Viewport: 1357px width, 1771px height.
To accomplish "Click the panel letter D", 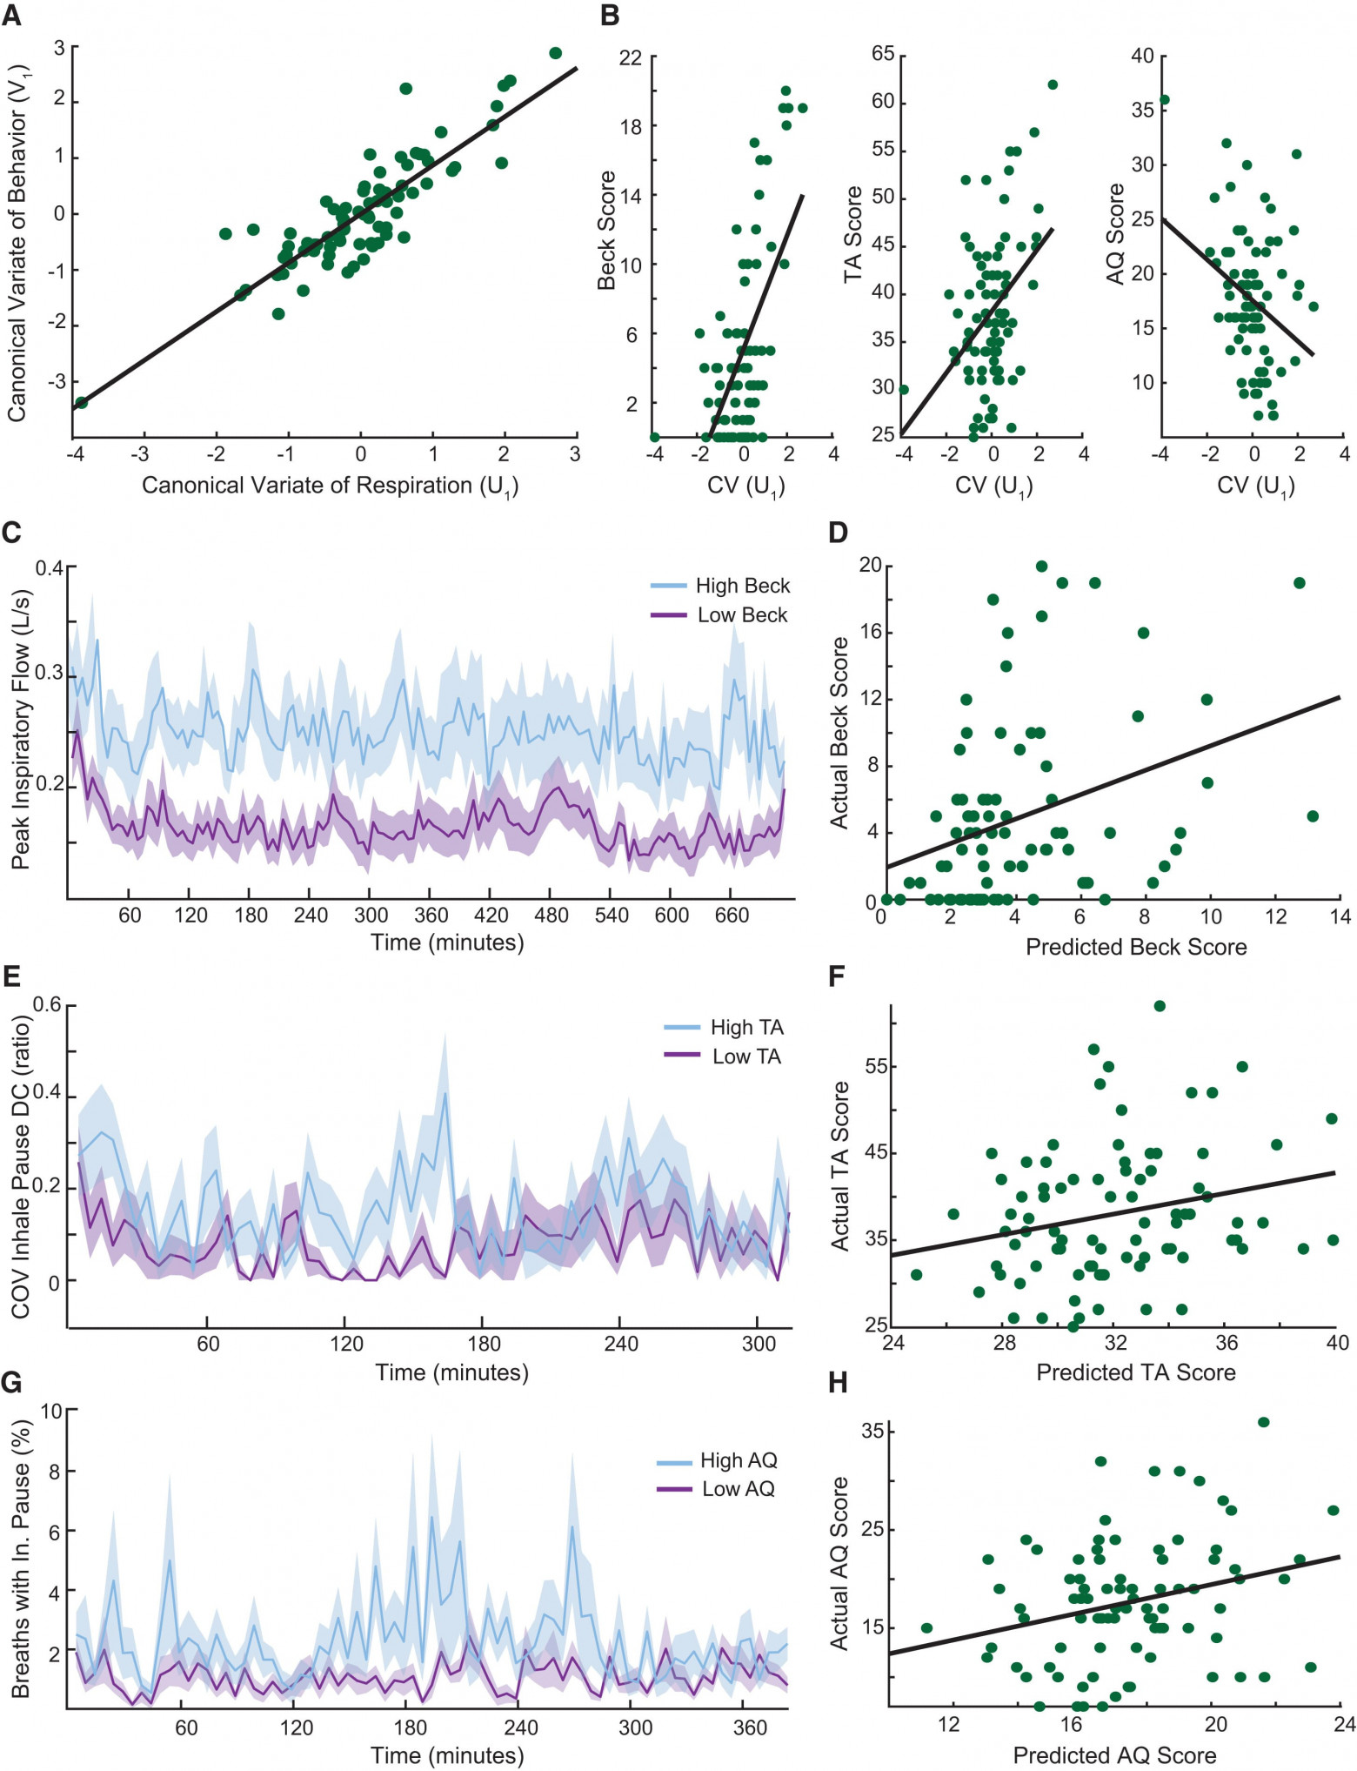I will point(838,532).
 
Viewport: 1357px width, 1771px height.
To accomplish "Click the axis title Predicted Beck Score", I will point(1136,947).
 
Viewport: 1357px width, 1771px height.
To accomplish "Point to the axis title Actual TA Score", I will point(840,1166).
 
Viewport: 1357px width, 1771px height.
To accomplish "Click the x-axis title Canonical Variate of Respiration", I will point(330,486).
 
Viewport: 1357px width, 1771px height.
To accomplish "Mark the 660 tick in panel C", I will point(732,915).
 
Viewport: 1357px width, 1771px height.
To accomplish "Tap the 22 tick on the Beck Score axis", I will point(630,58).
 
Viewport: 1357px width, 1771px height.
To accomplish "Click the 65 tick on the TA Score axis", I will point(883,54).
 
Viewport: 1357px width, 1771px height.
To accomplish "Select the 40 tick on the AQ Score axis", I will point(1142,56).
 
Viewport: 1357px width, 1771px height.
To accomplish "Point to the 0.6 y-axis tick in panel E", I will point(48,1005).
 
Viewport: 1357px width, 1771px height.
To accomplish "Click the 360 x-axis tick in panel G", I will point(750,1727).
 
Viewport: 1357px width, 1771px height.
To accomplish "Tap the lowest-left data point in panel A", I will point(81,403).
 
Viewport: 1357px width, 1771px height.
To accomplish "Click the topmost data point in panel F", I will point(1160,1006).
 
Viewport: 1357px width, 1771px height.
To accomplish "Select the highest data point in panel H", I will point(1263,1422).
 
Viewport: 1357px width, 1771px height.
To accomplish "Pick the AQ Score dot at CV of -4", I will point(1164,100).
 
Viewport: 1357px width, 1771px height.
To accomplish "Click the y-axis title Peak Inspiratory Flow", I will point(21,729).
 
